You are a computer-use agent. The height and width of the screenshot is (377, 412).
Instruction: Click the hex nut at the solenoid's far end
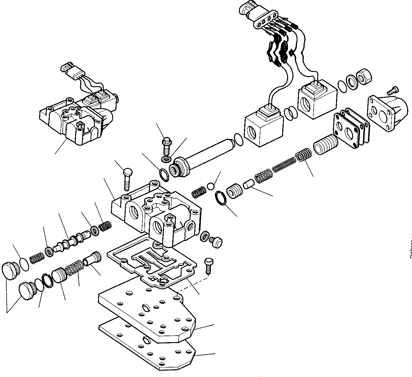pos(364,77)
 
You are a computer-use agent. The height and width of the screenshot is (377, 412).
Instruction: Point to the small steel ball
pos(211,186)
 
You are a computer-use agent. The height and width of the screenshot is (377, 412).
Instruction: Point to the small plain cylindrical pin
pos(249,184)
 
